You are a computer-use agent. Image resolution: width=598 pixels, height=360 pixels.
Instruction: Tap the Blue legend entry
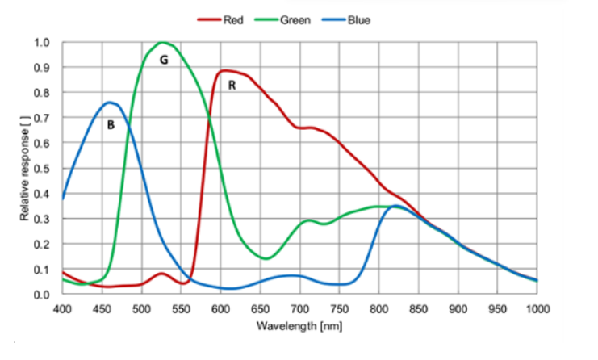358,19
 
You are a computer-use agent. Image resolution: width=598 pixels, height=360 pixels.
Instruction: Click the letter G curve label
164,60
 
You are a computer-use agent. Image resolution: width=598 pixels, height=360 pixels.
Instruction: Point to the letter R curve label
232,85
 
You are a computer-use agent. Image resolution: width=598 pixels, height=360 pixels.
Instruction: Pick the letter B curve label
111,125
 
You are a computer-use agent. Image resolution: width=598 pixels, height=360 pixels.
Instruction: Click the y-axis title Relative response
25,168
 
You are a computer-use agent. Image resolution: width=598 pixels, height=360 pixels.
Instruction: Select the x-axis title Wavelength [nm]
300,326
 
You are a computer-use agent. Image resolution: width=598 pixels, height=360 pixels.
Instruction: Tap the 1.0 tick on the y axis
43,43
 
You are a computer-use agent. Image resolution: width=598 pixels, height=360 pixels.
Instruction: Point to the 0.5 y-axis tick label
43,169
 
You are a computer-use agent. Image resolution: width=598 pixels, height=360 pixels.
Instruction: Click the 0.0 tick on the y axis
43,295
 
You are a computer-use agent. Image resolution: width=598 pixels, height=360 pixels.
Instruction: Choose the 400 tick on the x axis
63,308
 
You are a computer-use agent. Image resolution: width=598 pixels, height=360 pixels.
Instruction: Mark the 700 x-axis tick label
300,308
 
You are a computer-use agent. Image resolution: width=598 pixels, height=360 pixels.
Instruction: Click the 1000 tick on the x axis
537,308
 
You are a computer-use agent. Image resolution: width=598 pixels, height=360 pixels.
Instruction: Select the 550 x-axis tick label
182,308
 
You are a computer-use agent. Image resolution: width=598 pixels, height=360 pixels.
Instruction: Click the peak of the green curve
163,42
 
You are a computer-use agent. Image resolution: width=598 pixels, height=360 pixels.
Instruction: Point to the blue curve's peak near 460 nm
111,103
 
